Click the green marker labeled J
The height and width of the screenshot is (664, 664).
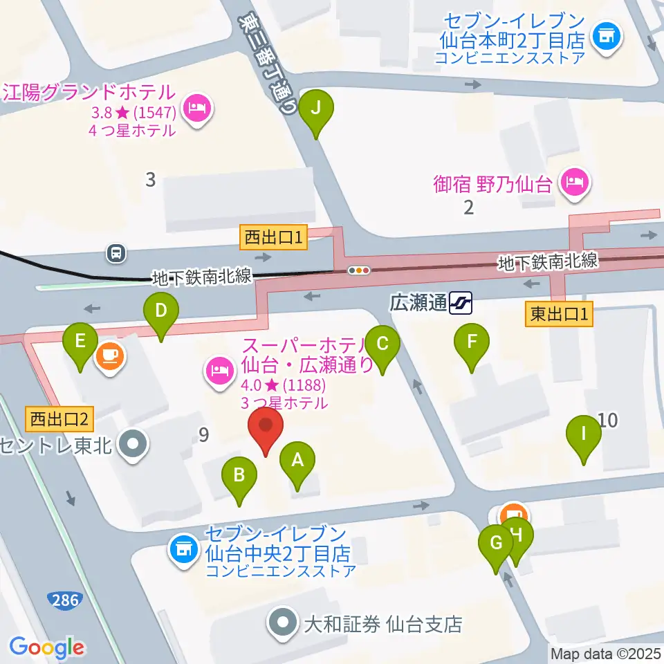(317, 109)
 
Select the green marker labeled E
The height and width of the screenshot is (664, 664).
(80, 342)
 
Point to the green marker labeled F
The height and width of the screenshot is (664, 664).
(472, 342)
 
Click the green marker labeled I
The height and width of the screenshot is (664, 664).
(583, 435)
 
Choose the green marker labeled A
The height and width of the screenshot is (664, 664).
(298, 461)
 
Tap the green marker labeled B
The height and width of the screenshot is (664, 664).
(239, 477)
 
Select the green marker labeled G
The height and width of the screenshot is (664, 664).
(496, 544)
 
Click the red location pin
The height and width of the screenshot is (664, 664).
(266, 429)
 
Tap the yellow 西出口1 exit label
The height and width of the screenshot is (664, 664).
(273, 239)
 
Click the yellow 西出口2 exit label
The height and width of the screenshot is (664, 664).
(59, 418)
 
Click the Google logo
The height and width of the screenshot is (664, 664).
(47, 647)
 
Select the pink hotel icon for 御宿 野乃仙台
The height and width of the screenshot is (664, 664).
(575, 184)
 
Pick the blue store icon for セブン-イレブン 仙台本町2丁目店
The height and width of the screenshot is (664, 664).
(608, 34)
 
